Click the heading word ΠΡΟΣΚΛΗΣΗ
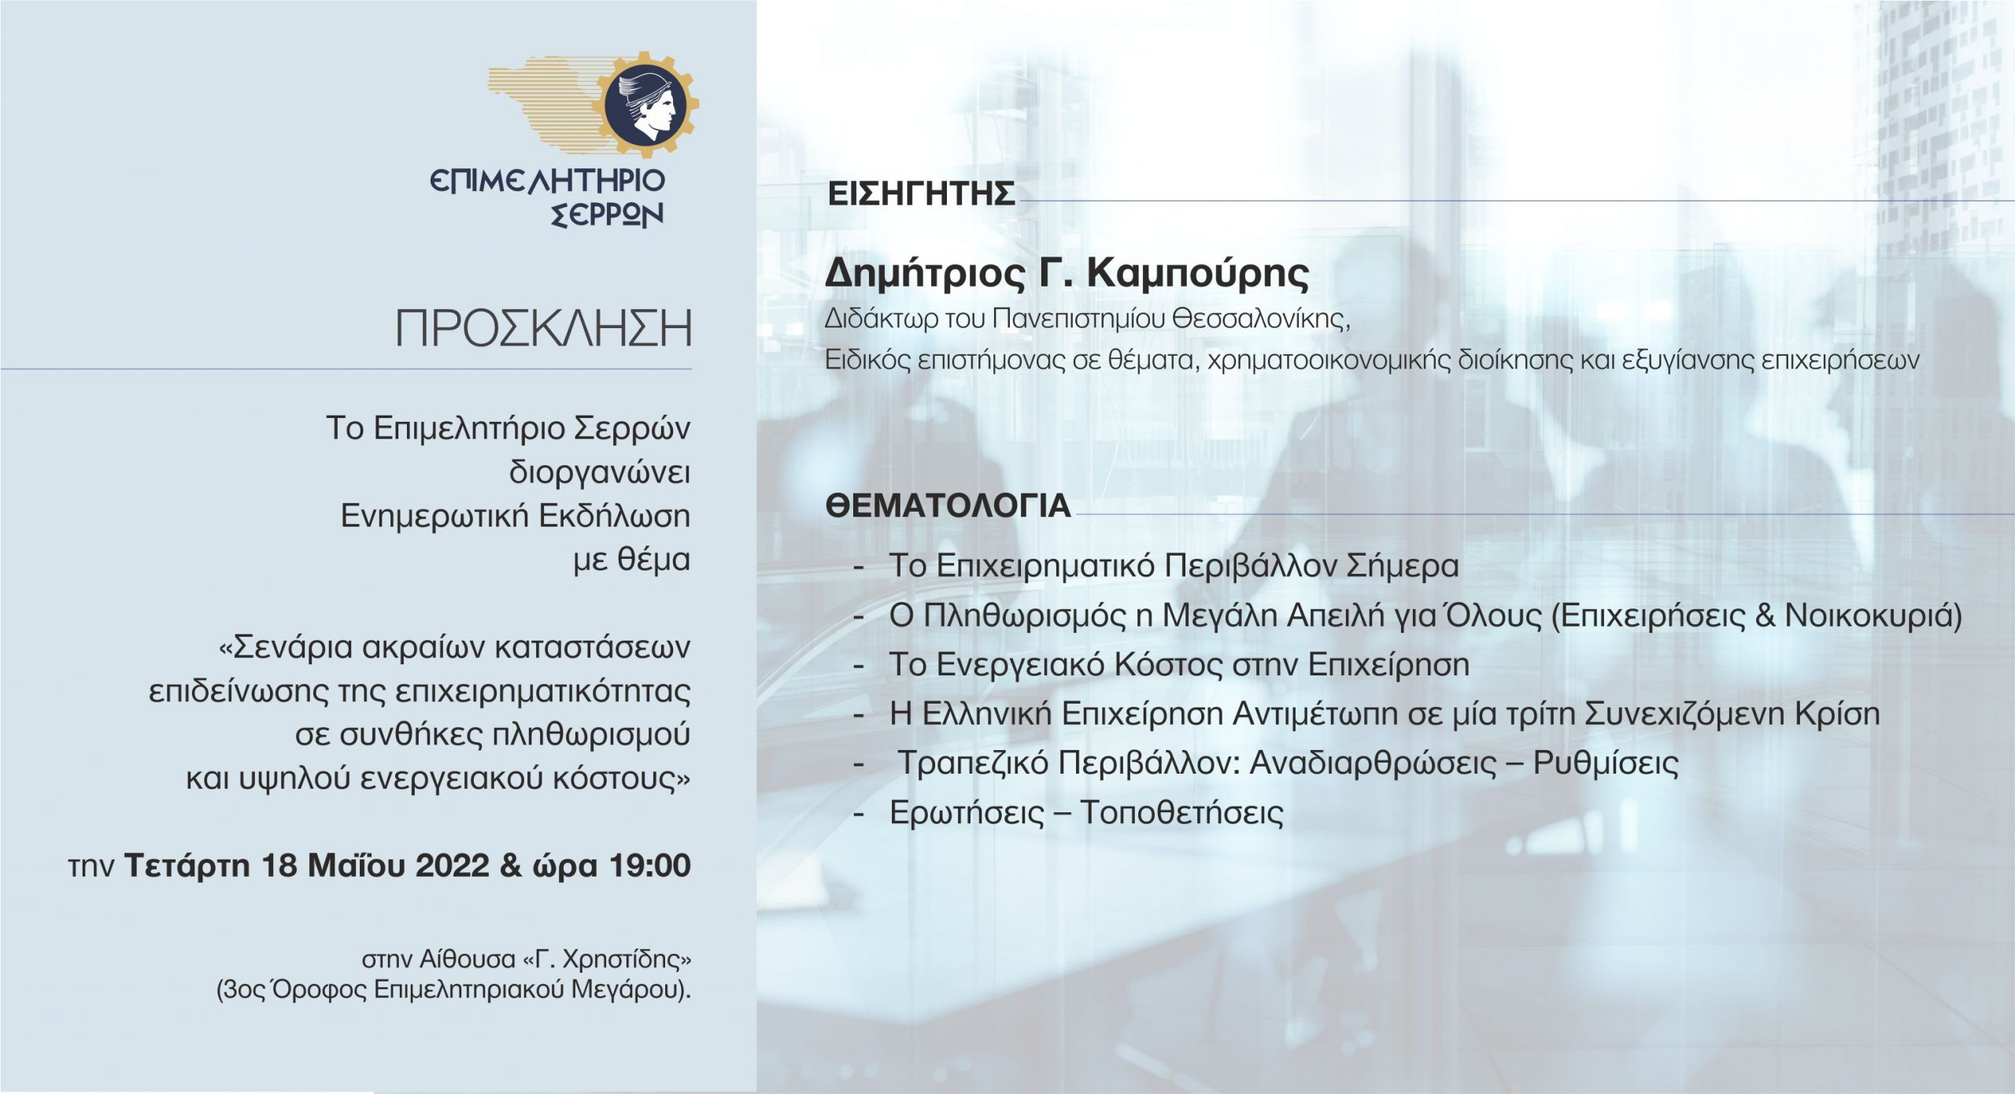[x=544, y=329]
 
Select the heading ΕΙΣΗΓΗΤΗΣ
[x=921, y=194]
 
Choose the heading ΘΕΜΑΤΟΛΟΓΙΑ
[x=948, y=505]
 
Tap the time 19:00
[x=650, y=865]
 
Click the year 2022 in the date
[x=452, y=865]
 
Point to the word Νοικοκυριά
[x=1873, y=615]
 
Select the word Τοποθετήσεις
[x=1181, y=813]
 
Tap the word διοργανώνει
[x=600, y=473]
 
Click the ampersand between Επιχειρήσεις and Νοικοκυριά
[x=1762, y=615]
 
